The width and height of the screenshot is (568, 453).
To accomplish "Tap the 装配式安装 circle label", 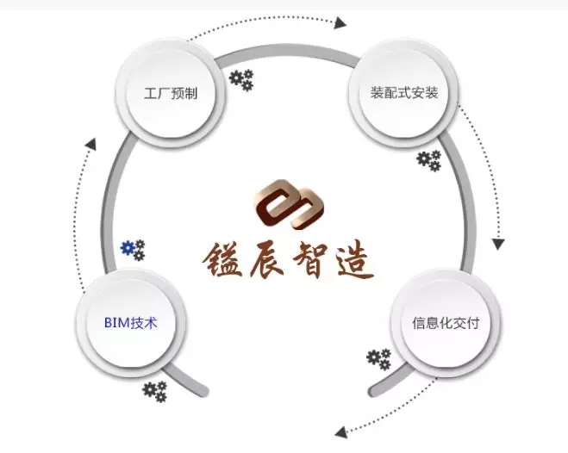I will click(x=404, y=92).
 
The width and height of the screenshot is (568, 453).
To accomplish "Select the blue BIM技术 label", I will click(x=130, y=323).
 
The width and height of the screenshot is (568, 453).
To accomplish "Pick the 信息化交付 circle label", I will click(x=446, y=324).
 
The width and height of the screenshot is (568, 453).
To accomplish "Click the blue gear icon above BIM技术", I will click(x=133, y=251).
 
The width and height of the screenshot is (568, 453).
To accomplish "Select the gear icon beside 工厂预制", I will click(x=241, y=81).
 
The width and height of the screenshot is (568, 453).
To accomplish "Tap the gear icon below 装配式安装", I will click(x=428, y=160).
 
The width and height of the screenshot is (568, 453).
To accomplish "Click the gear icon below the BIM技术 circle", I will click(x=155, y=392).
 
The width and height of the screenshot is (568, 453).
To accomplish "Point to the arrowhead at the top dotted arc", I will click(x=340, y=22).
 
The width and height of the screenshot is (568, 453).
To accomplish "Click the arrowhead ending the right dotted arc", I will click(x=498, y=245).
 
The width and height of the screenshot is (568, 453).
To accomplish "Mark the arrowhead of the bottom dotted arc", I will click(x=341, y=431).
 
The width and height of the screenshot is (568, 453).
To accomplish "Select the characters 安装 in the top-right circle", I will click(x=426, y=92).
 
